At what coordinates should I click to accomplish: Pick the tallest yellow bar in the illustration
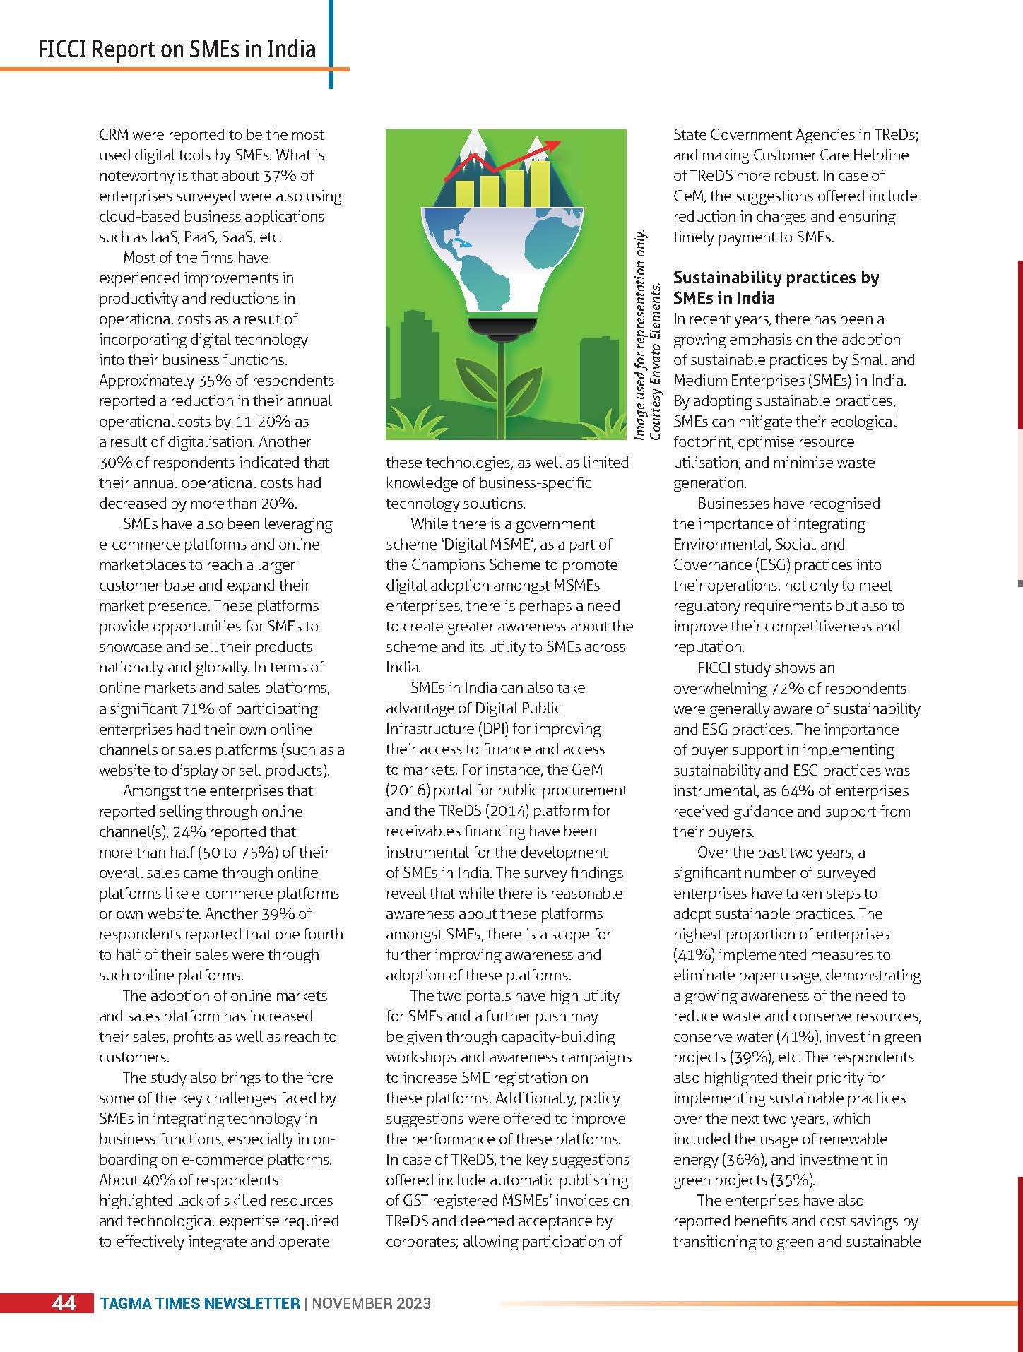(x=540, y=182)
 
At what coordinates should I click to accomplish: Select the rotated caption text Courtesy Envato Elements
(x=656, y=360)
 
